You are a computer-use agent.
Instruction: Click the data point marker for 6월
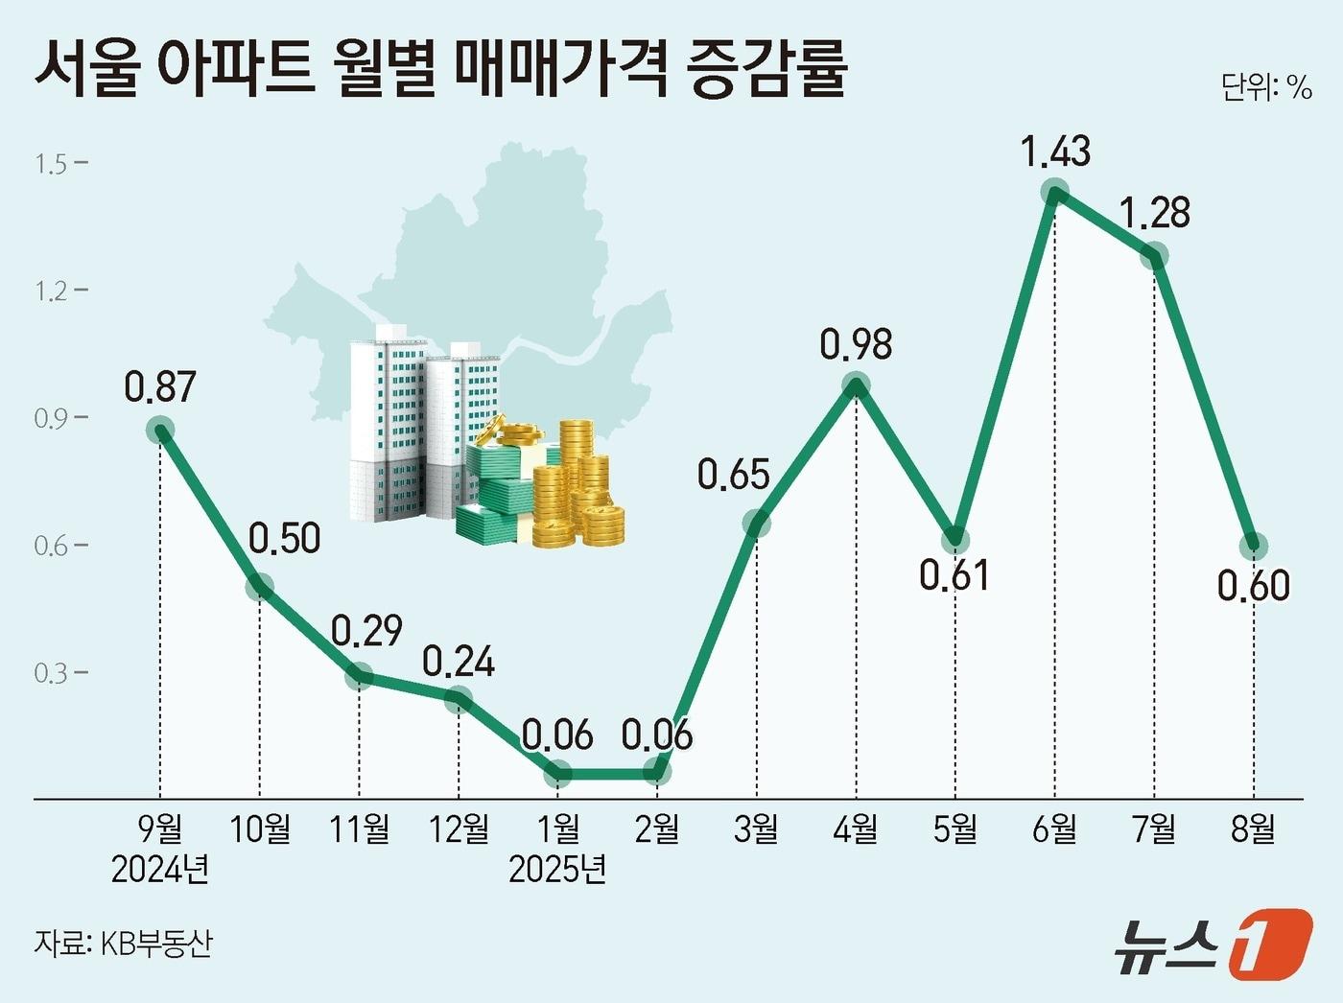[1054, 193]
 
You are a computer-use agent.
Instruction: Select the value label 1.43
[1055, 152]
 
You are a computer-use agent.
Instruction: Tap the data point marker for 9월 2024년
[160, 431]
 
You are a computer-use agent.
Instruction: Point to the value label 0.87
[160, 386]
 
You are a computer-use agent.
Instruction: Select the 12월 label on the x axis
[459, 828]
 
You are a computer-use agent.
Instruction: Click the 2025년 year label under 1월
[557, 870]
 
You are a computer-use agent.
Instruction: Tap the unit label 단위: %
[1265, 87]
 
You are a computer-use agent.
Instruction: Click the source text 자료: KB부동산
[123, 943]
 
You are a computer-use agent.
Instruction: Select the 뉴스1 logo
[1213, 945]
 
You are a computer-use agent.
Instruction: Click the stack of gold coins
[580, 489]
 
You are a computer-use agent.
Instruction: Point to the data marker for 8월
[1253, 546]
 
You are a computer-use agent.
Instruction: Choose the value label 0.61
[954, 575]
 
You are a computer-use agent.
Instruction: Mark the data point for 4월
[856, 385]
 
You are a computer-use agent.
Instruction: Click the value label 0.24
[459, 662]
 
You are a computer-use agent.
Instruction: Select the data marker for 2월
[657, 771]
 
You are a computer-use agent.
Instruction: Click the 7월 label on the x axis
[1154, 828]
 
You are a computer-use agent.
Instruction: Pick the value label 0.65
[734, 476]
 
